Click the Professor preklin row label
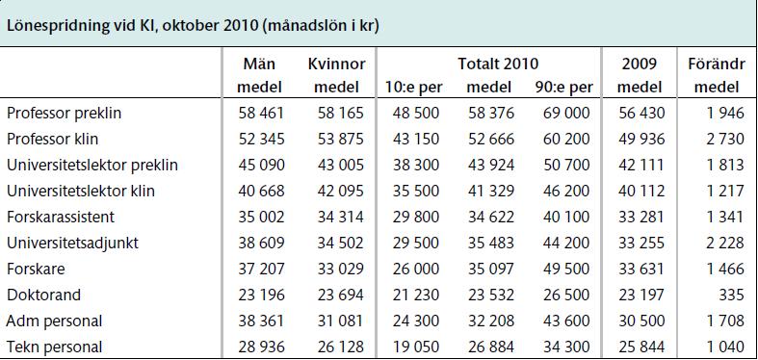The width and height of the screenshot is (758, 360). [64, 113]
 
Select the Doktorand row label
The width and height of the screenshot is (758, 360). [43, 295]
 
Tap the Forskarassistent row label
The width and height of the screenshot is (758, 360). [61, 217]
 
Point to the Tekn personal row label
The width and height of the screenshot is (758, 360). [55, 347]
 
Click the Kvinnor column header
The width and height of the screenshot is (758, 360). [336, 64]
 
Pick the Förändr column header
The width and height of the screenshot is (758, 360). [717, 64]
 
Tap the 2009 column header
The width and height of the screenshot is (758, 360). [640, 64]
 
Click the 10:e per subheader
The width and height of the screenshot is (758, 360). [413, 88]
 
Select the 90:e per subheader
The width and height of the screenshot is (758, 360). [563, 88]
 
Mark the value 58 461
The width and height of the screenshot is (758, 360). [262, 113]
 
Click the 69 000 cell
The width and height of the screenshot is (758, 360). [566, 113]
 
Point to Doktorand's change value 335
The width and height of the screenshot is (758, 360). [731, 295]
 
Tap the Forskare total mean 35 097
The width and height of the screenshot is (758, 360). [491, 269]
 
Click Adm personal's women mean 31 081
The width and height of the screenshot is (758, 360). [340, 321]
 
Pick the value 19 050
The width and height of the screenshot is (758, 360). [416, 347]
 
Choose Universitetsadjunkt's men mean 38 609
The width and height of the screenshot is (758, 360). [262, 243]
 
